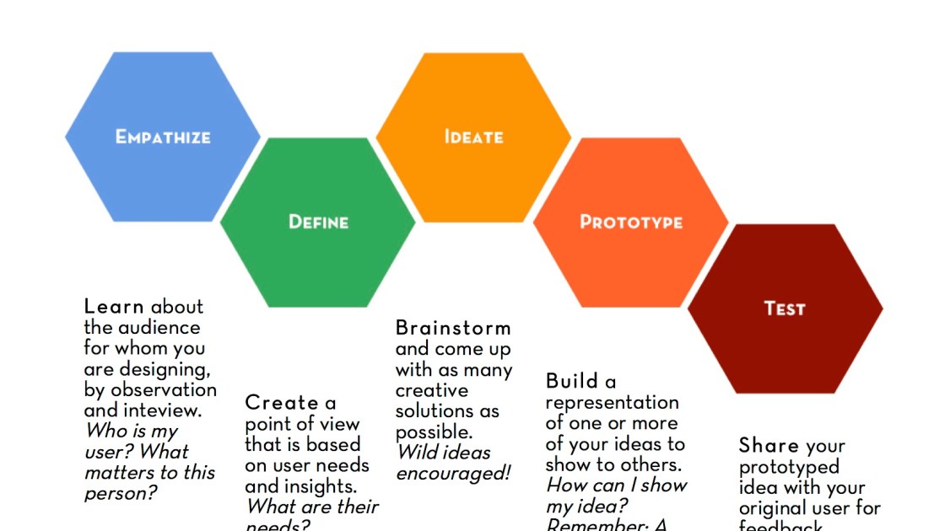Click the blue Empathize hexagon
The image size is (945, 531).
tap(163, 137)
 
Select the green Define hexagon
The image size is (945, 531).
tap(318, 223)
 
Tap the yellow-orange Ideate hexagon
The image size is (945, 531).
tap(473, 137)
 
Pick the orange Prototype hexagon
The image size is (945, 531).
tap(630, 223)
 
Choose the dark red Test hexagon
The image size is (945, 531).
tap(785, 308)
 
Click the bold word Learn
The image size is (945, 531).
tap(114, 307)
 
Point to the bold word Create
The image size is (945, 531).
tap(282, 403)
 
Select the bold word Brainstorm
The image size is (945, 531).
tap(453, 328)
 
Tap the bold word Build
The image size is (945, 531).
tap(571, 381)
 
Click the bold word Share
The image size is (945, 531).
tap(769, 446)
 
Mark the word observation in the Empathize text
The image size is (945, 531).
tap(163, 390)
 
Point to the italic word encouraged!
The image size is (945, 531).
tap(453, 473)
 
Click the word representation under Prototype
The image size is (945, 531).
tap(612, 402)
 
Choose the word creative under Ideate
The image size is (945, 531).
tap(431, 390)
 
